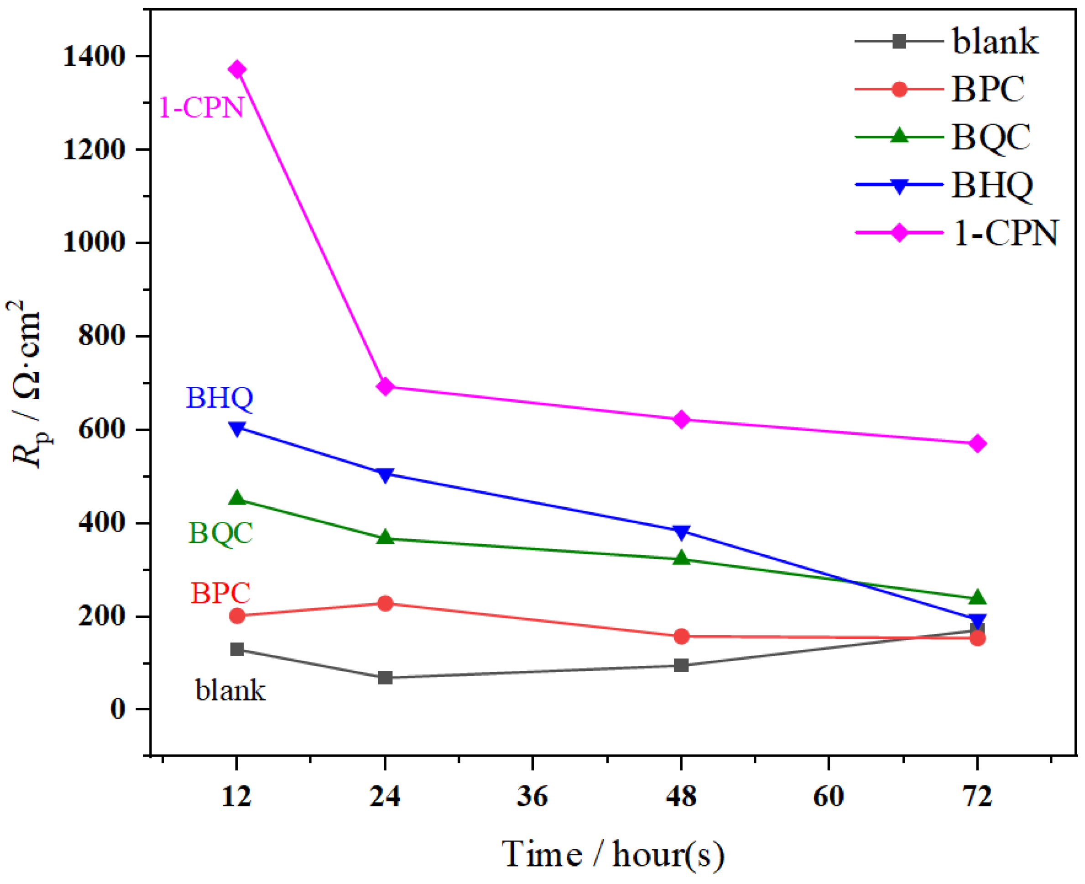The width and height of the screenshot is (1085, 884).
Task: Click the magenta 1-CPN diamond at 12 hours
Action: point(237,69)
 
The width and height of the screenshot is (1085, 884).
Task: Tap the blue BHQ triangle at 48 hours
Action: point(681,531)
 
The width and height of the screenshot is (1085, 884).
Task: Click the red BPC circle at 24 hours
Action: point(385,604)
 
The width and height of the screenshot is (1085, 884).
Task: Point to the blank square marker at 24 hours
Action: point(385,677)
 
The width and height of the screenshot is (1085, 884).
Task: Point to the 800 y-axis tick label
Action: point(102,336)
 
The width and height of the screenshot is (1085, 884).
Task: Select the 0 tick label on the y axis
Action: point(118,709)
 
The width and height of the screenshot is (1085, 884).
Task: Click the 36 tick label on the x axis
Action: point(532,796)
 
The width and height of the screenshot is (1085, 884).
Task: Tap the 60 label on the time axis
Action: point(829,796)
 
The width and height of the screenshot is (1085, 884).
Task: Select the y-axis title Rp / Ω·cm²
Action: point(28,384)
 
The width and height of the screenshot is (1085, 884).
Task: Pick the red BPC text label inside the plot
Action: point(220,593)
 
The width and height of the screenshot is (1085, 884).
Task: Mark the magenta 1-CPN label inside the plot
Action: point(202,107)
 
